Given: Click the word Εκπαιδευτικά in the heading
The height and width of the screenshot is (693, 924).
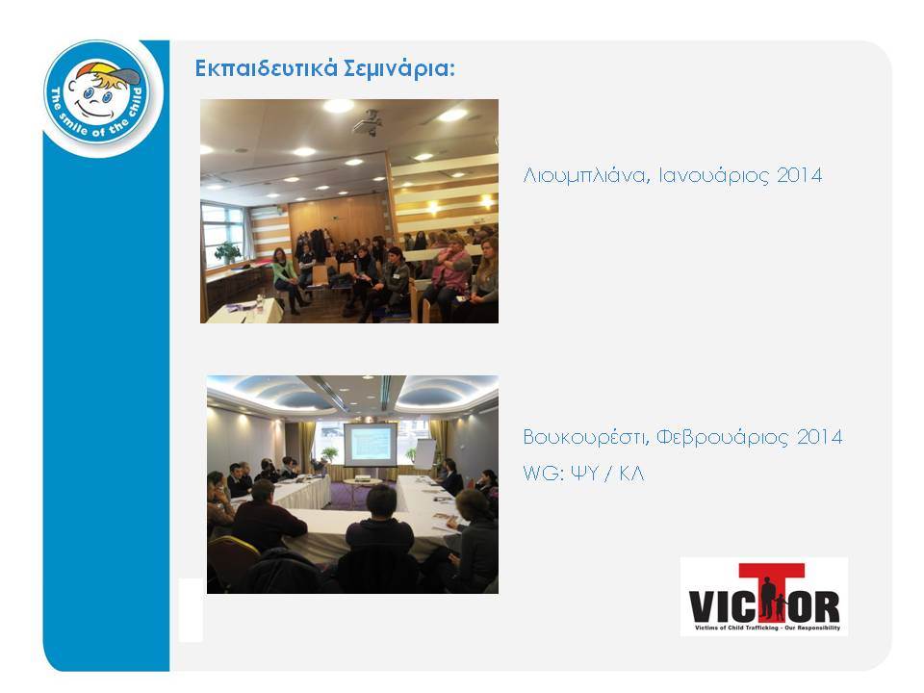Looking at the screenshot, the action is pos(267,69).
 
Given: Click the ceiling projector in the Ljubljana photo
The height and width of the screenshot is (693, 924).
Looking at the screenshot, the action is pos(368,122).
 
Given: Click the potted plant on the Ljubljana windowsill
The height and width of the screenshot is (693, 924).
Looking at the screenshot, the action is pos(228,252).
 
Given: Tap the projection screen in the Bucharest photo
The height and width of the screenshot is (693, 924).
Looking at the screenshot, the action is pos(370,445).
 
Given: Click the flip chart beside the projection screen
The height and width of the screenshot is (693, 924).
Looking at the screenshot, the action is pos(424,453).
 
